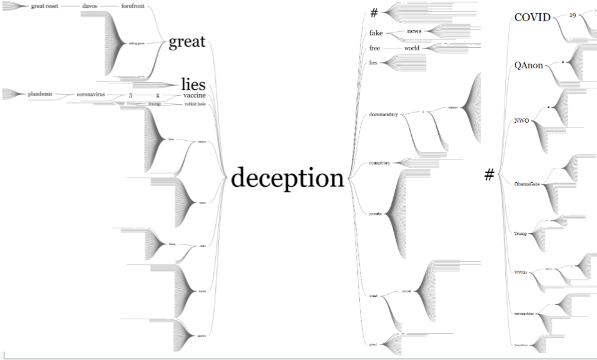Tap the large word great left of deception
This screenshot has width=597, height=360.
186,42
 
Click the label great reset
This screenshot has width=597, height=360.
44,6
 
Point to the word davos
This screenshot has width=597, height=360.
89,6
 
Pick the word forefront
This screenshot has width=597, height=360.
132,6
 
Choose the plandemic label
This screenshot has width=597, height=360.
40,94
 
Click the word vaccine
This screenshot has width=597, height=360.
194,95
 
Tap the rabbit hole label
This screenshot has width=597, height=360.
195,104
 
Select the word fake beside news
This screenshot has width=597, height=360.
376,33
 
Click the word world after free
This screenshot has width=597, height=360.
412,48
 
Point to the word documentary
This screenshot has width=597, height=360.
384,114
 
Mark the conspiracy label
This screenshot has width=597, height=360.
380,162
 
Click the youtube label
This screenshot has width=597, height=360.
376,213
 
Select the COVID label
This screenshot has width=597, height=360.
532,17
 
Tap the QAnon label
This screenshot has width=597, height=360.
529,65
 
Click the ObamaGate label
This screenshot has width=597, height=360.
527,184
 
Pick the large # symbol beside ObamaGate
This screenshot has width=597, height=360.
489,175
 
